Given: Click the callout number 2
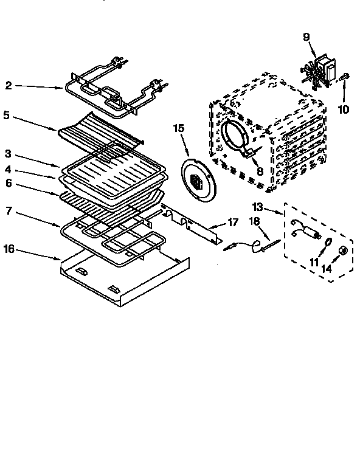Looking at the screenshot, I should [x=8, y=86].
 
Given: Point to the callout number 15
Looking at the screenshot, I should [x=178, y=128].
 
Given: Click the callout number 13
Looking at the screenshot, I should [x=275, y=206].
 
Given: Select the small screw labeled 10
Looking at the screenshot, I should [x=344, y=77].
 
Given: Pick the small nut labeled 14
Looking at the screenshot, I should [x=343, y=250].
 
